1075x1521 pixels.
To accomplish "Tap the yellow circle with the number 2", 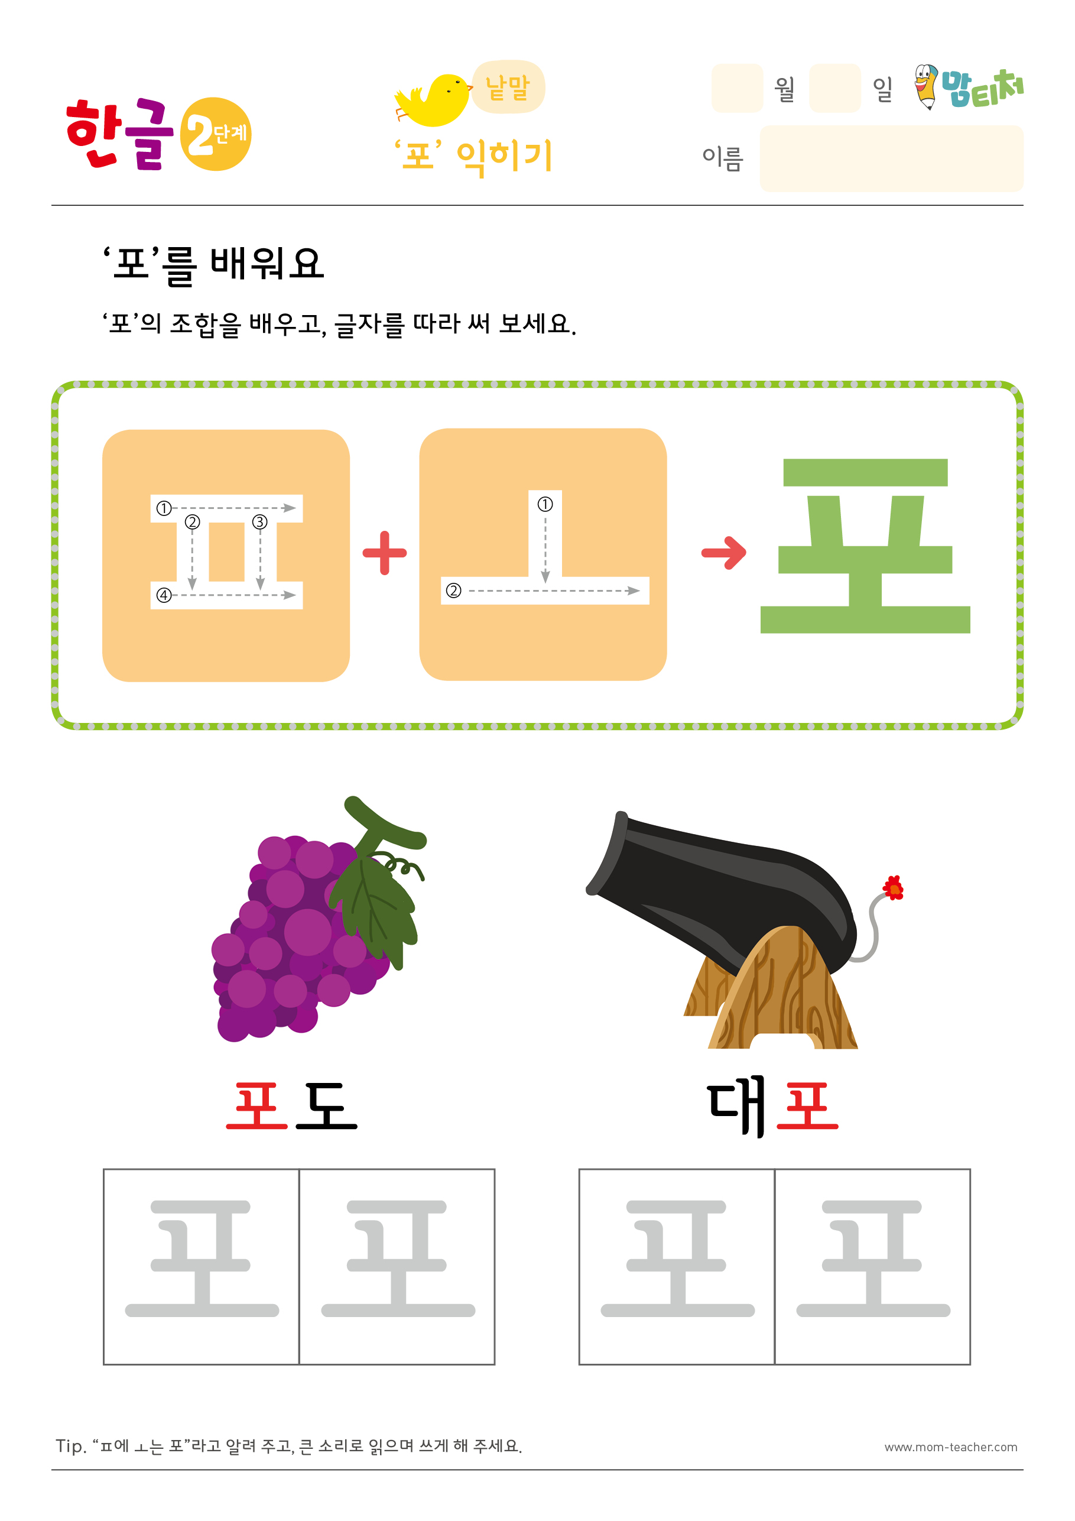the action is coord(215,134).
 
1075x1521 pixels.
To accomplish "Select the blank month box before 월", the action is coord(736,88).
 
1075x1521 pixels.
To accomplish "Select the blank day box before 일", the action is coord(834,88).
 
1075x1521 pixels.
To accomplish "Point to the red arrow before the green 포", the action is coord(724,552).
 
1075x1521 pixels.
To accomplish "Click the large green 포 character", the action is coord(865,546).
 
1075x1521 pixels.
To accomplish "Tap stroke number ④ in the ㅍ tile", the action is coord(164,595).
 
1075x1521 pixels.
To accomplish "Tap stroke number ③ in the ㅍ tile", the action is coord(259,522).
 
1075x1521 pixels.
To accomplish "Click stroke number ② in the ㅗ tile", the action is coord(453,590).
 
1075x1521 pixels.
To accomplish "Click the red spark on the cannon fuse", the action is coord(893,888).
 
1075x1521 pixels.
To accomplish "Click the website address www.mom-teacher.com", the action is coord(950,1448).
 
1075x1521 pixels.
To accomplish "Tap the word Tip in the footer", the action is coord(71,1446).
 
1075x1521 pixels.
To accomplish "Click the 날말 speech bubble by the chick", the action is coord(508,87).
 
